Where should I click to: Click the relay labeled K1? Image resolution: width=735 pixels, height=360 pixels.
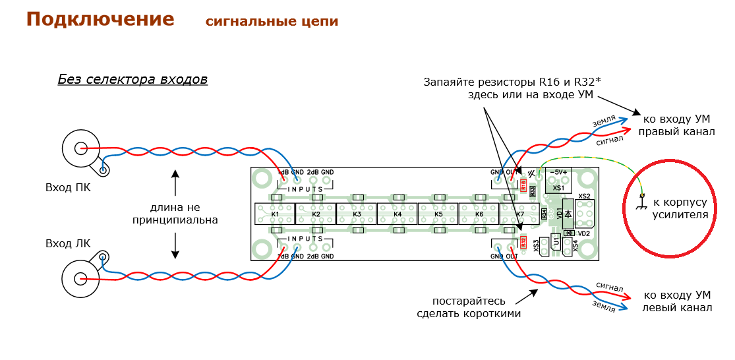[274, 214]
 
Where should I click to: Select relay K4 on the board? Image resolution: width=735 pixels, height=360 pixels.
[397, 214]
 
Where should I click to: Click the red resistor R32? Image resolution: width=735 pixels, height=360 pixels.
[524, 243]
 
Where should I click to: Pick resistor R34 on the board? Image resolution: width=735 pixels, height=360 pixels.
[544, 214]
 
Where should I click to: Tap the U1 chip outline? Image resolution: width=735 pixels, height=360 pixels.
[555, 243]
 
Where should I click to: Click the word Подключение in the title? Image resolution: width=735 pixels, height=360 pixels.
[100, 20]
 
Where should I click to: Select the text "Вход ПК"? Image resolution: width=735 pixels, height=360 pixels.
[68, 187]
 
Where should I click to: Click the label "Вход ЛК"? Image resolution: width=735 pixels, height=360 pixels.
[68, 244]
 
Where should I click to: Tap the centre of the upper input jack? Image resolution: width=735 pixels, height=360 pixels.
[80, 150]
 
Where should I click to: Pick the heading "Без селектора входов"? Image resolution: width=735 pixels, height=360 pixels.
[132, 80]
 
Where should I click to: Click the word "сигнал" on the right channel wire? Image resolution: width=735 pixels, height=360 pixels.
[610, 140]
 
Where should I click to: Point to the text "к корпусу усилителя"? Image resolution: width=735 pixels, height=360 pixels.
[679, 208]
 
